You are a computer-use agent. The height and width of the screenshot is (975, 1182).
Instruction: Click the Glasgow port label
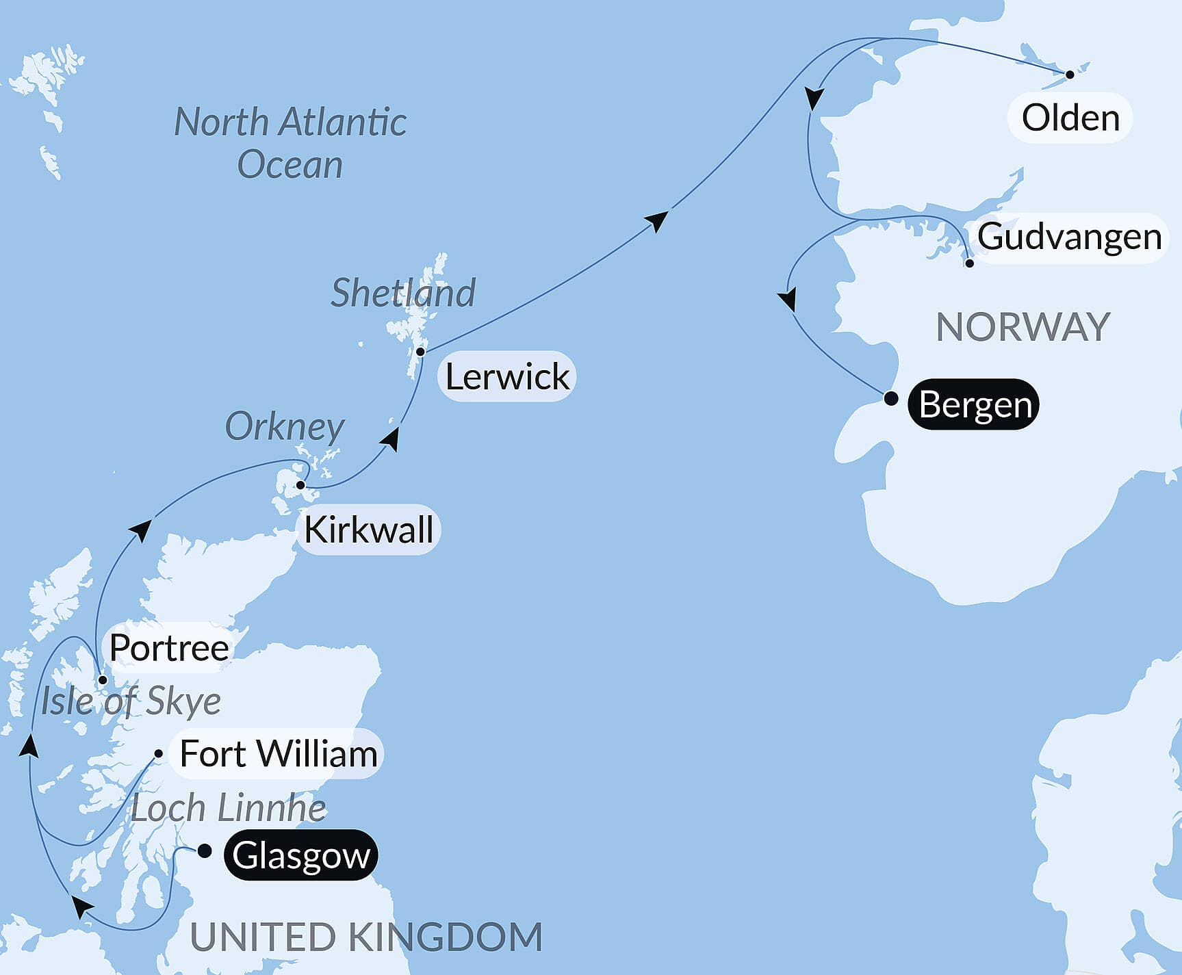301,855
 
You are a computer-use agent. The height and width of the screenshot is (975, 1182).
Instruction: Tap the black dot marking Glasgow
204,851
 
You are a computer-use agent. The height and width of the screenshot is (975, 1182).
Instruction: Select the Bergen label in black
974,404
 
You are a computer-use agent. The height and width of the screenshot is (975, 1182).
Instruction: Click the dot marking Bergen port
890,398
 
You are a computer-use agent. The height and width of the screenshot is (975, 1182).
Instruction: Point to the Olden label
1070,118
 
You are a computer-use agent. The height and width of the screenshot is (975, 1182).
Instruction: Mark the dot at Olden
1070,75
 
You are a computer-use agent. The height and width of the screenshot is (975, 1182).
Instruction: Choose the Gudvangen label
1069,237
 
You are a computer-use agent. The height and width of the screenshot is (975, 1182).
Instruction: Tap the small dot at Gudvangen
969,263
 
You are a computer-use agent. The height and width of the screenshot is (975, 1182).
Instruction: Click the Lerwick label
507,376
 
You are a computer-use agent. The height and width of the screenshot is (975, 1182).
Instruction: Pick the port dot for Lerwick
421,352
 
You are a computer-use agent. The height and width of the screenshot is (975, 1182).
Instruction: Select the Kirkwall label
369,530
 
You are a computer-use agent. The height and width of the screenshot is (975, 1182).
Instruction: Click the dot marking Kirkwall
300,485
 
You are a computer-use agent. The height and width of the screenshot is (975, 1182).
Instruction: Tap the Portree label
169,647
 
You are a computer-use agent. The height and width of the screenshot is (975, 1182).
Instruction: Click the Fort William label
278,754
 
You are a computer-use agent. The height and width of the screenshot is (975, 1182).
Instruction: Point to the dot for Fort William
159,754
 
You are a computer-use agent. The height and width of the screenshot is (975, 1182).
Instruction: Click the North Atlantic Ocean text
290,143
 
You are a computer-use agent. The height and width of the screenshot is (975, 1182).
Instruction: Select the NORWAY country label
1023,327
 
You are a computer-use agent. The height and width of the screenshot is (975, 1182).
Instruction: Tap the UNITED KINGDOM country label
366,937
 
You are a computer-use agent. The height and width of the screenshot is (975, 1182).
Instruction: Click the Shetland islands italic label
403,293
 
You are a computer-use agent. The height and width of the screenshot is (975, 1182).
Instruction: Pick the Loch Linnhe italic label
228,808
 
